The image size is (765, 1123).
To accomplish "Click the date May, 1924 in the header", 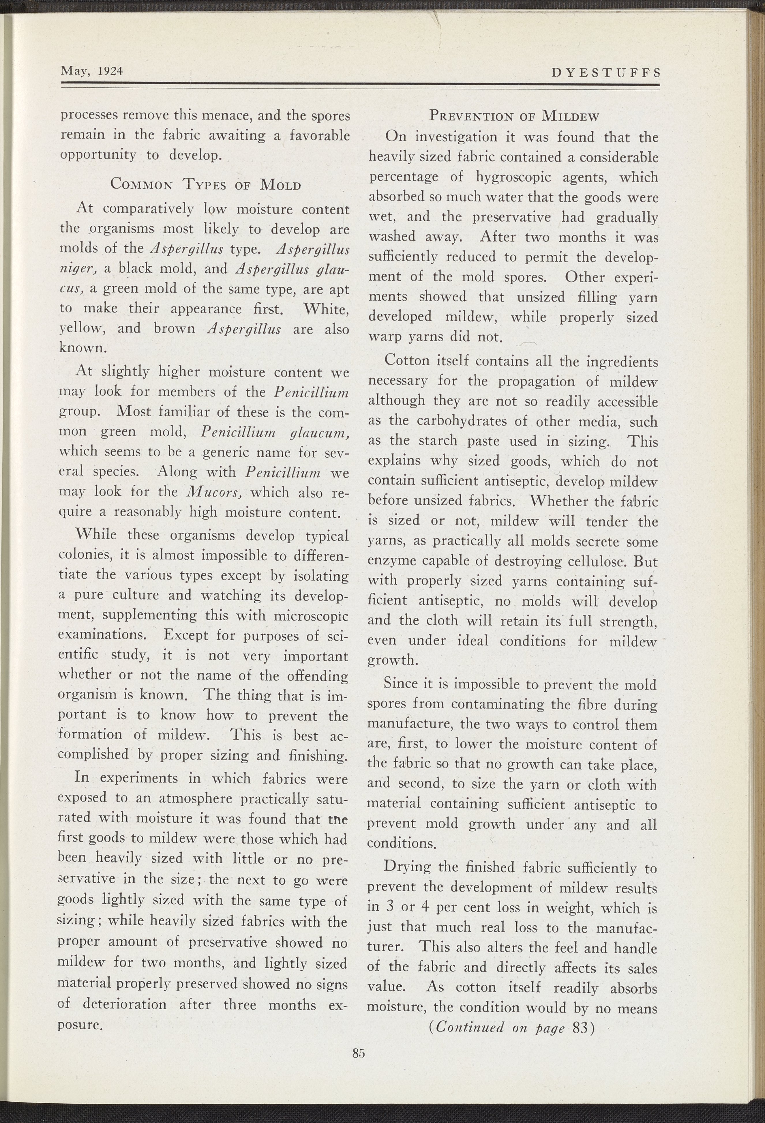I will (x=92, y=71).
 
